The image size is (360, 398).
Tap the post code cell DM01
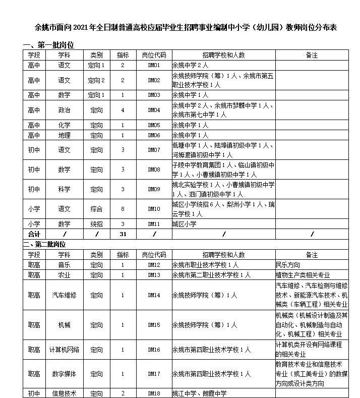154,65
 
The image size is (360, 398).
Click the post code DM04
154,110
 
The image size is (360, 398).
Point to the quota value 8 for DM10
123,209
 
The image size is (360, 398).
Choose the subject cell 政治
64,110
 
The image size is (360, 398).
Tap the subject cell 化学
64,125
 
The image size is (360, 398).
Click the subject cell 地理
64,135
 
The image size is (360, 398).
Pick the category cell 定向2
96,80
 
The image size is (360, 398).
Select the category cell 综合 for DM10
96,209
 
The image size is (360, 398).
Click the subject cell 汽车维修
64,295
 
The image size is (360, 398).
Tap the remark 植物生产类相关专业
303,275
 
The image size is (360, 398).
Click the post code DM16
154,349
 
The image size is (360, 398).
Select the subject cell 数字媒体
64,374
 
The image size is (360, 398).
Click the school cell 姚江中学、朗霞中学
200,393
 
